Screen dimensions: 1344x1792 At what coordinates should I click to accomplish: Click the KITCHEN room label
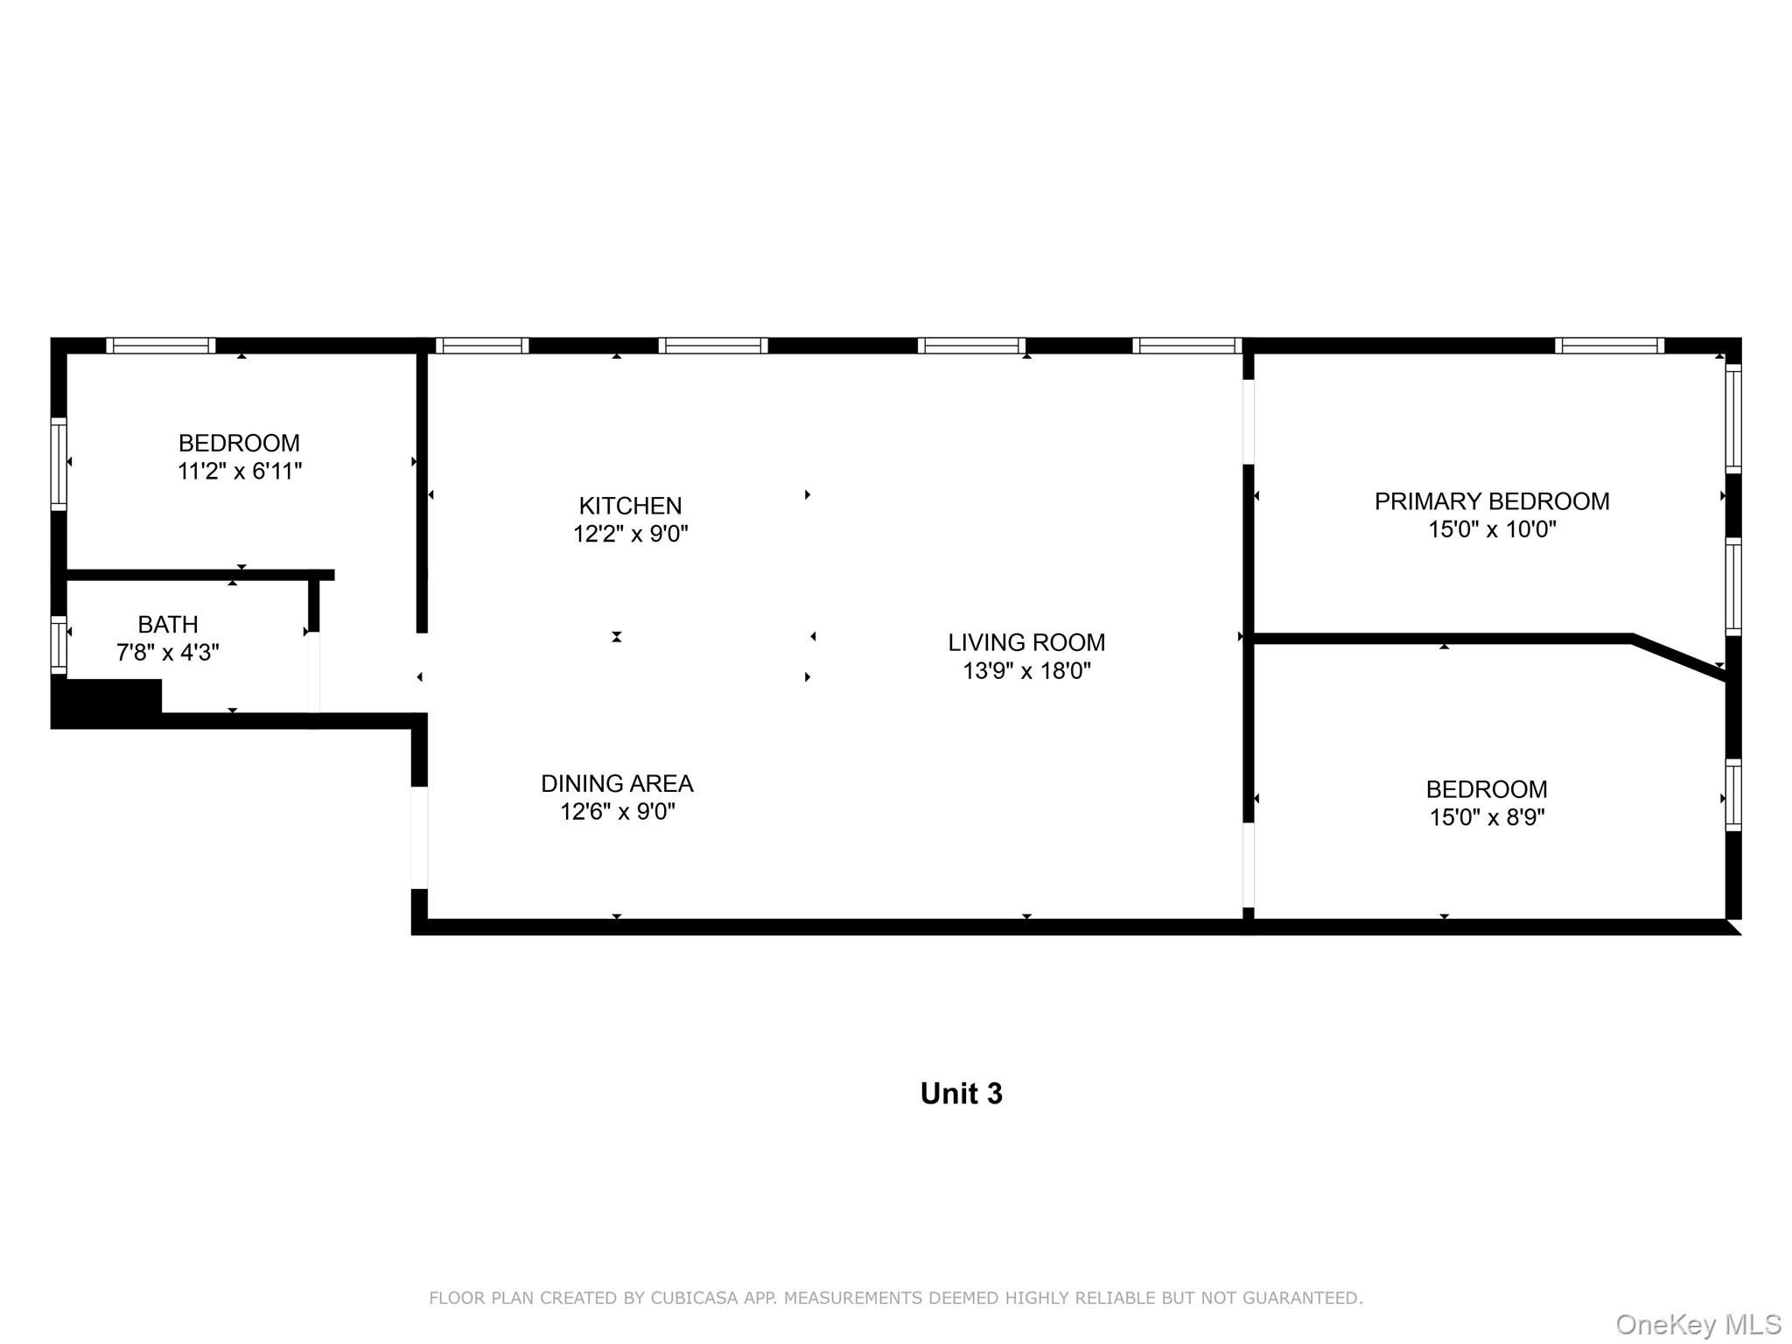click(x=630, y=506)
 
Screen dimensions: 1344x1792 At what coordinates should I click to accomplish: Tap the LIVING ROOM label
click(x=1026, y=642)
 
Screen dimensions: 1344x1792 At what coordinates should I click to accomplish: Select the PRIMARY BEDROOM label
click(x=1491, y=501)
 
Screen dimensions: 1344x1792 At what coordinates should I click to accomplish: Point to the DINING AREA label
click(x=617, y=783)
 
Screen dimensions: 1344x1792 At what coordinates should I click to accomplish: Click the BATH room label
click(x=168, y=625)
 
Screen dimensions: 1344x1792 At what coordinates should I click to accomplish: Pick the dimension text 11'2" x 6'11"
click(x=240, y=472)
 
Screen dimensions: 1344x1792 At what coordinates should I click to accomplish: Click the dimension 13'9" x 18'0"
click(x=1026, y=671)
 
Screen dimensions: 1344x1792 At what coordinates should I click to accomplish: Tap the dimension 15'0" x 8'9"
click(x=1487, y=817)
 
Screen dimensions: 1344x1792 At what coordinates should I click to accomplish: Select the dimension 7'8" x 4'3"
click(x=168, y=653)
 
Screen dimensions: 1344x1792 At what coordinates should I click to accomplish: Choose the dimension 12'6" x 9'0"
click(x=617, y=812)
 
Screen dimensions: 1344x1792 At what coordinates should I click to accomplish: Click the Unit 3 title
click(x=961, y=1094)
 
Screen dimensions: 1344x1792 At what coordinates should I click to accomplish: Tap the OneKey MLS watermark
click(x=1697, y=1325)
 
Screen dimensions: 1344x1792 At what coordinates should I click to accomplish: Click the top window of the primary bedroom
click(x=1609, y=346)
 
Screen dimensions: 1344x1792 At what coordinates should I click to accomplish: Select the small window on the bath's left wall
click(x=59, y=645)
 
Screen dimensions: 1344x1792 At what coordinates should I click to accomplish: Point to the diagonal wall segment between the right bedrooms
click(x=1678, y=656)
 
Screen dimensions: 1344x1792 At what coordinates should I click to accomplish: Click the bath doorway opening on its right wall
click(x=314, y=672)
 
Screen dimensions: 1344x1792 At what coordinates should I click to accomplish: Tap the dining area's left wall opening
click(x=420, y=837)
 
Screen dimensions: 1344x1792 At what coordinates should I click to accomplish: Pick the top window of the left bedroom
click(x=161, y=346)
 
